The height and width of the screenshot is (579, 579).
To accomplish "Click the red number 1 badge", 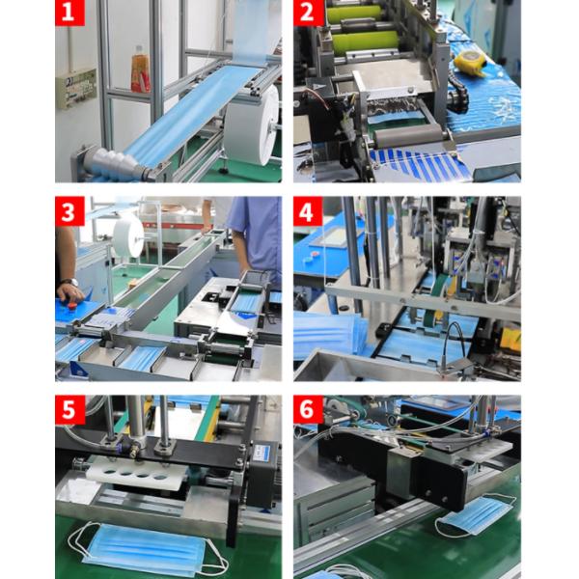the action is pyautogui.click(x=69, y=13).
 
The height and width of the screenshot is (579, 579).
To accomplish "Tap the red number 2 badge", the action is pyautogui.click(x=308, y=13).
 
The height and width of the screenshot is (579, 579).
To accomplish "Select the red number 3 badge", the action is pyautogui.click(x=69, y=210).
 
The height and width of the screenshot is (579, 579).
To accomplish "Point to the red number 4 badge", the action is pyautogui.click(x=308, y=210).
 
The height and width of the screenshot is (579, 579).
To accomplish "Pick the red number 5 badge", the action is pyautogui.click(x=69, y=410).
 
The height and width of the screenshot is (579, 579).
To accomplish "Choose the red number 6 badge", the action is pyautogui.click(x=309, y=410).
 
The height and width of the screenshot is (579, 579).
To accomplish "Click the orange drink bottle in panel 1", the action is pyautogui.click(x=140, y=69).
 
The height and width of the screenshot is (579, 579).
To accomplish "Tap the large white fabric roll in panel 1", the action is pyautogui.click(x=252, y=125).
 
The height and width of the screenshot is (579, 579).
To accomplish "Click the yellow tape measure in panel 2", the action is pyautogui.click(x=470, y=63).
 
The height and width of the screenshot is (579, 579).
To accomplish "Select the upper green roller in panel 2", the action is pyautogui.click(x=354, y=14).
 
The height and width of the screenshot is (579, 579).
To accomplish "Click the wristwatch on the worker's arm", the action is pyautogui.click(x=69, y=283).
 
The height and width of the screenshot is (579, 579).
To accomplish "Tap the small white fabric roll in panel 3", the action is pyautogui.click(x=128, y=235).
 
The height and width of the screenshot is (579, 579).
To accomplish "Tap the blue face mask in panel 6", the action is pyautogui.click(x=475, y=515).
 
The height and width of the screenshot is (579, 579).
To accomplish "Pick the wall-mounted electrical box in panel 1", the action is pyautogui.click(x=75, y=89).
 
